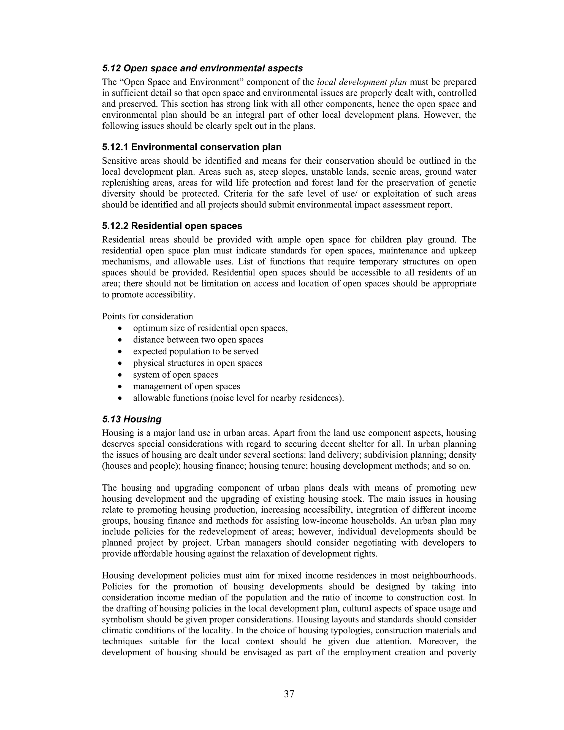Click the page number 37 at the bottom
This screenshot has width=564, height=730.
point(289,694)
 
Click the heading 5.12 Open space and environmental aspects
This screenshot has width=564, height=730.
point(202,68)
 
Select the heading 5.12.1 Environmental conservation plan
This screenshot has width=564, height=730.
point(191,147)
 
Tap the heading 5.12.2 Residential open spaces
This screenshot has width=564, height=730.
point(172,226)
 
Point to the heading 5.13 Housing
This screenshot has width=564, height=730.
point(132,419)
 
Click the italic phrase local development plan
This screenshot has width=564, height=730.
point(362,82)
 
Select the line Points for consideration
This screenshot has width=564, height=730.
point(147,316)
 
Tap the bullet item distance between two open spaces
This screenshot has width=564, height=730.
point(198,340)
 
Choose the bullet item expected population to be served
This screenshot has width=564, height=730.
point(196,351)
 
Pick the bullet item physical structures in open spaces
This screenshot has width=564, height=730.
point(197,363)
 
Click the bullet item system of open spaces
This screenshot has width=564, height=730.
point(175,375)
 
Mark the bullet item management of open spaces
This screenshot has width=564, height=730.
point(186,386)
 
